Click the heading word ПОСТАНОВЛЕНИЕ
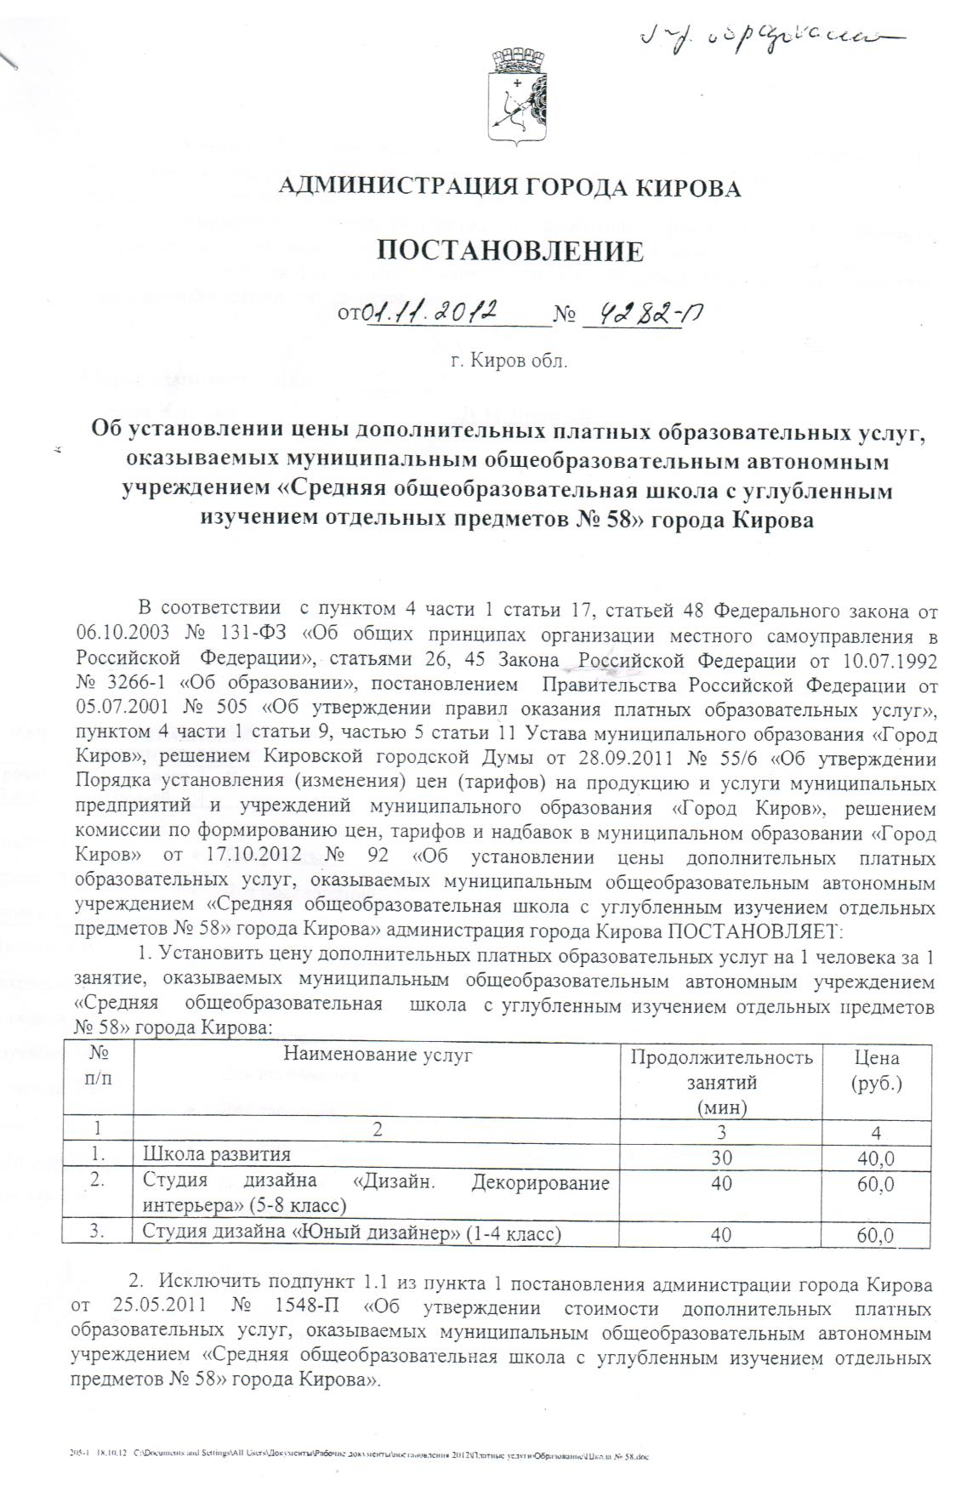click(510, 251)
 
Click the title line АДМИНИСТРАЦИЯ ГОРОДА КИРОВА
click(509, 188)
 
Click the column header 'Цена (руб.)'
click(876, 1070)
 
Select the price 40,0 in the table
click(876, 1157)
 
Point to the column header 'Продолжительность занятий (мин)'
click(721, 1082)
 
